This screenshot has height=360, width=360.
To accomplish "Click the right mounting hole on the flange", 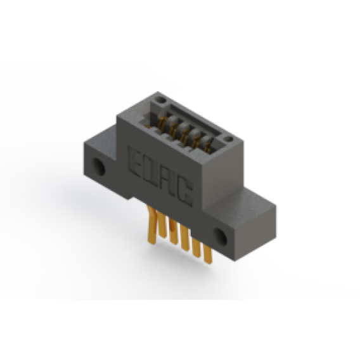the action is click(x=221, y=236).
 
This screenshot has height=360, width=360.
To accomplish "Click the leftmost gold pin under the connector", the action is click(x=151, y=225).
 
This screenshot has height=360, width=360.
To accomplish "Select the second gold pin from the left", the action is click(x=162, y=224).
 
